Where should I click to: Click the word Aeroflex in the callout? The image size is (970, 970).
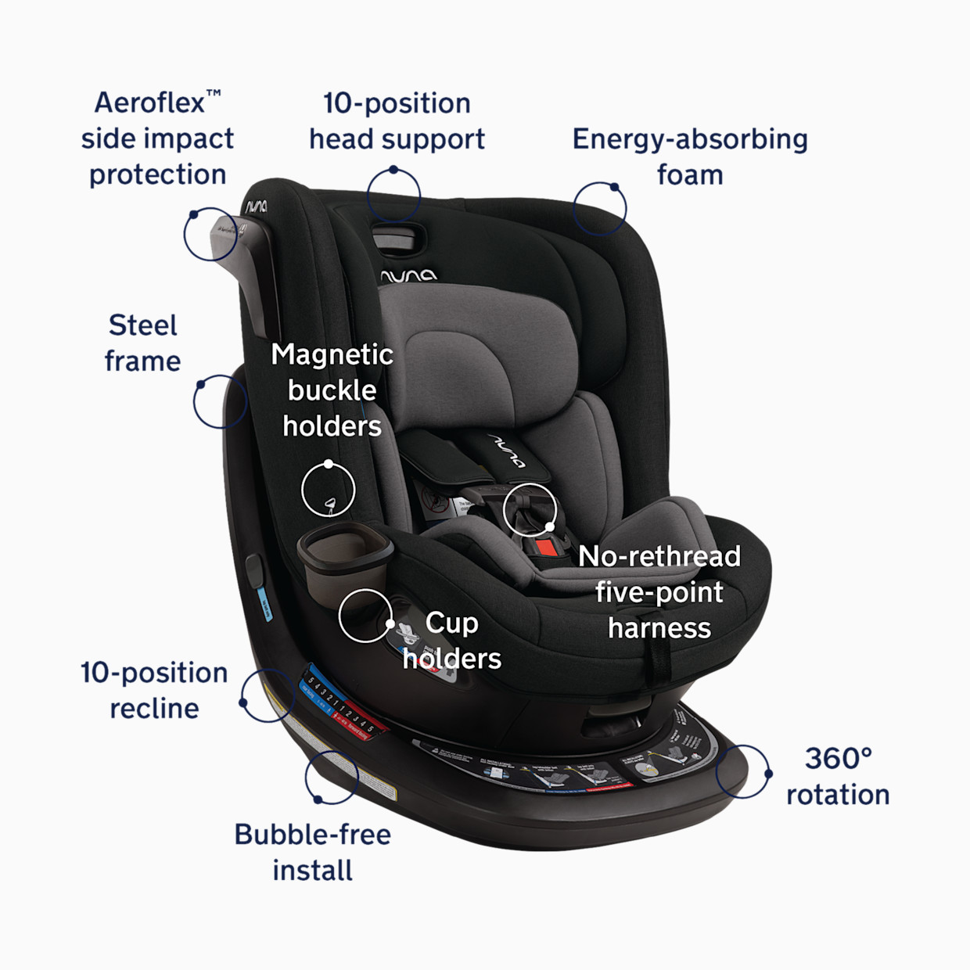(x=149, y=102)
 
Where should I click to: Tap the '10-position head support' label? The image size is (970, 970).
(x=397, y=121)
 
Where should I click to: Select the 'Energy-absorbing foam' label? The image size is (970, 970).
(x=689, y=156)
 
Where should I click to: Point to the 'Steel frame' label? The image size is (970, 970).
(x=142, y=343)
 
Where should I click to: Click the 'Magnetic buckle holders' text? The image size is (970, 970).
(x=332, y=390)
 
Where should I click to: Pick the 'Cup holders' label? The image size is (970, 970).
(x=452, y=640)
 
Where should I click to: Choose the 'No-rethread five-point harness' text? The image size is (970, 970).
(x=659, y=592)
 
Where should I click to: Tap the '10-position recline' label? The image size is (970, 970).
(x=154, y=690)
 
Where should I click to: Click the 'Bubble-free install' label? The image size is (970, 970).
(x=312, y=852)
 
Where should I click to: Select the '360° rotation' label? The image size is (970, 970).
(x=838, y=776)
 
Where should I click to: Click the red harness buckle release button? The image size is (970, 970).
(x=548, y=547)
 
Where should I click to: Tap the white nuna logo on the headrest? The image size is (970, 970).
(x=408, y=275)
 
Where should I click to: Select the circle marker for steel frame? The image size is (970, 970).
(x=221, y=401)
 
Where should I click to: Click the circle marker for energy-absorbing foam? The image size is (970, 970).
(x=600, y=209)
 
